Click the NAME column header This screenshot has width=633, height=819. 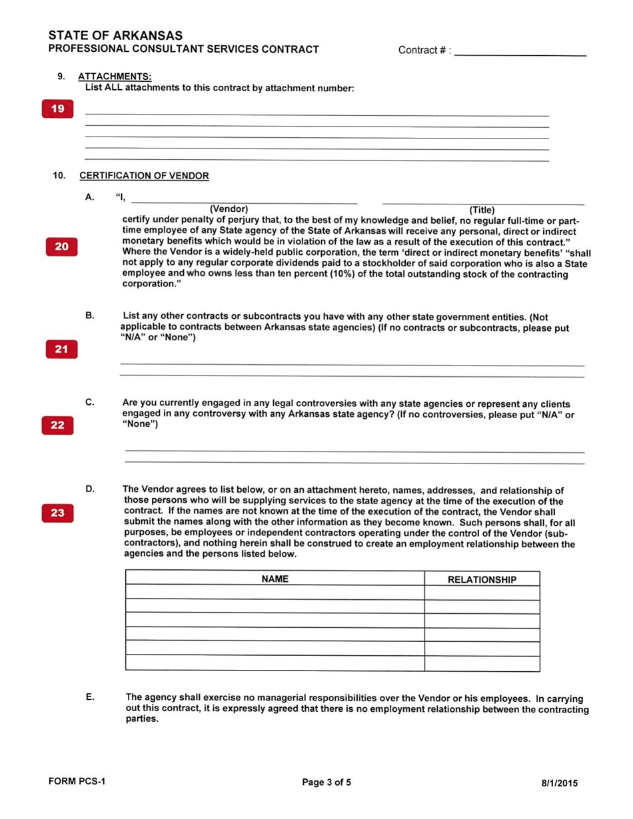pyautogui.click(x=275, y=579)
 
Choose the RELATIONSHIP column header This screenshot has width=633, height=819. pyautogui.click(x=481, y=580)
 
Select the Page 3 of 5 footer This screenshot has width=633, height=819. pyautogui.click(x=326, y=782)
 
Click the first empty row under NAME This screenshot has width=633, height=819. pyautogui.click(x=275, y=593)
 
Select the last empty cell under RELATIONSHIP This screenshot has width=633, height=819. pyautogui.click(x=481, y=663)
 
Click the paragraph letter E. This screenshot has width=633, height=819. pyautogui.click(x=89, y=697)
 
